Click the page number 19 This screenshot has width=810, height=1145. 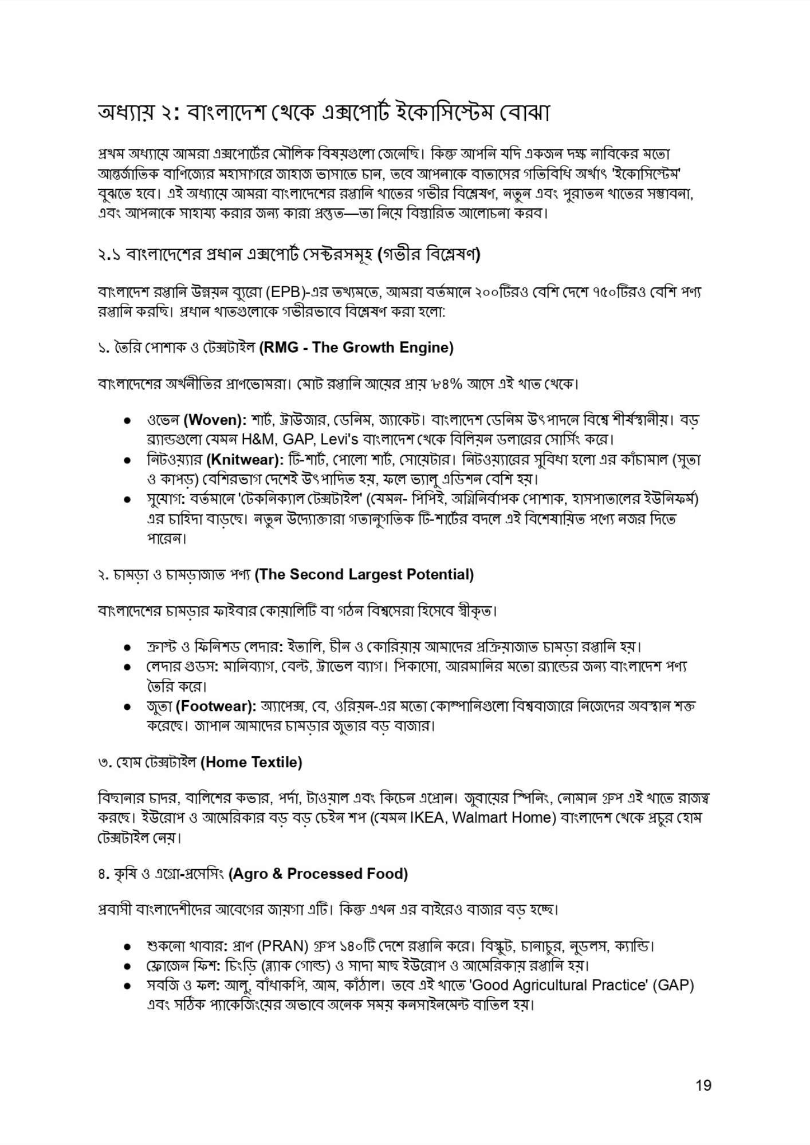(x=703, y=1085)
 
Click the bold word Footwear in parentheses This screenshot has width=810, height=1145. (x=217, y=706)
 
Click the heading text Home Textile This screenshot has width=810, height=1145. (x=252, y=762)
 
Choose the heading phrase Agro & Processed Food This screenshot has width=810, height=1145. (x=318, y=874)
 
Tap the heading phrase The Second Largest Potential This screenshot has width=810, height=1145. (x=364, y=574)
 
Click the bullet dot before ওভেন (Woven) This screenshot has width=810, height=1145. (x=128, y=421)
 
